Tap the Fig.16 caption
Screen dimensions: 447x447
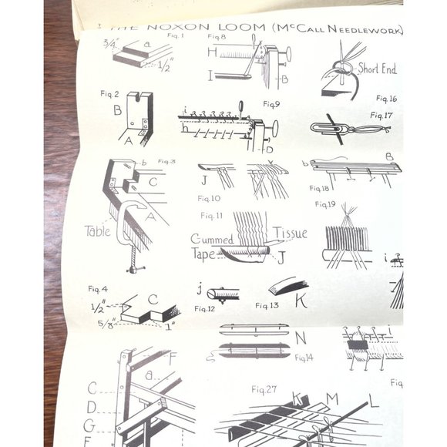click(x=386, y=98)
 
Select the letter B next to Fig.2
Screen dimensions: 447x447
click(x=118, y=109)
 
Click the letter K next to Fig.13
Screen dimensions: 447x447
click(x=301, y=301)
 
